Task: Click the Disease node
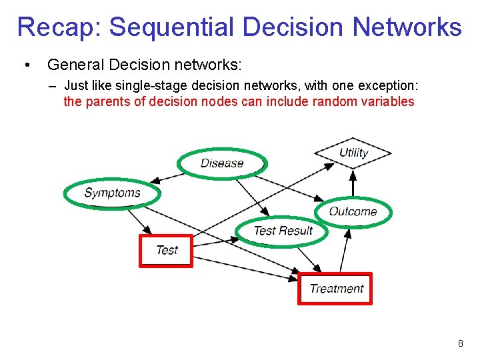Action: [222, 163]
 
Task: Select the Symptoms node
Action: [112, 193]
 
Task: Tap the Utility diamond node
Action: [353, 153]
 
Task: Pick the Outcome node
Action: [353, 212]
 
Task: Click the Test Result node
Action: [283, 231]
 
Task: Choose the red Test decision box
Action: [166, 250]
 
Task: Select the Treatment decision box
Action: [335, 289]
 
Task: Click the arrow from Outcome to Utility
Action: [353, 183]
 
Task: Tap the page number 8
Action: [460, 343]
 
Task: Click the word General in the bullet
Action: [73, 65]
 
